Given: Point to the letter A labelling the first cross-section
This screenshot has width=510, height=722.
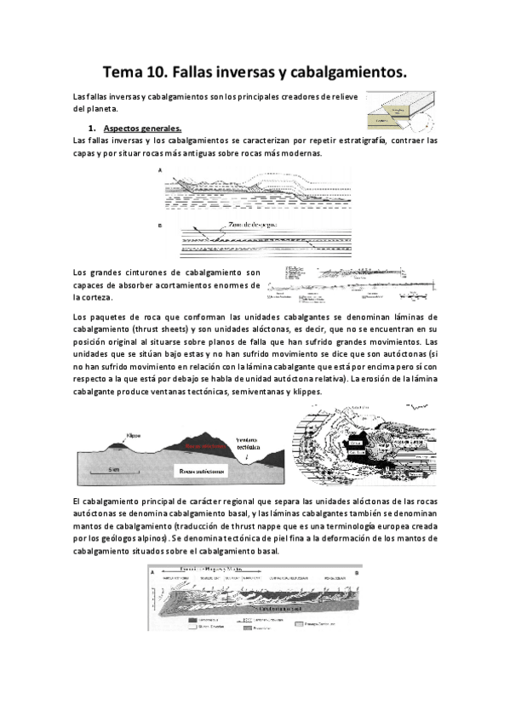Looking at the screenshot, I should click(x=160, y=170).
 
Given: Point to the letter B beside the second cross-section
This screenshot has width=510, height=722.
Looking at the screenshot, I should click(x=160, y=226).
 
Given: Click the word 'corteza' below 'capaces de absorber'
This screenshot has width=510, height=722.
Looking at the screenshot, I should click(x=95, y=297).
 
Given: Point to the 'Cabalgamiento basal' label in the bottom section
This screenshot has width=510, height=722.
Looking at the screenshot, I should click(x=255, y=609).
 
